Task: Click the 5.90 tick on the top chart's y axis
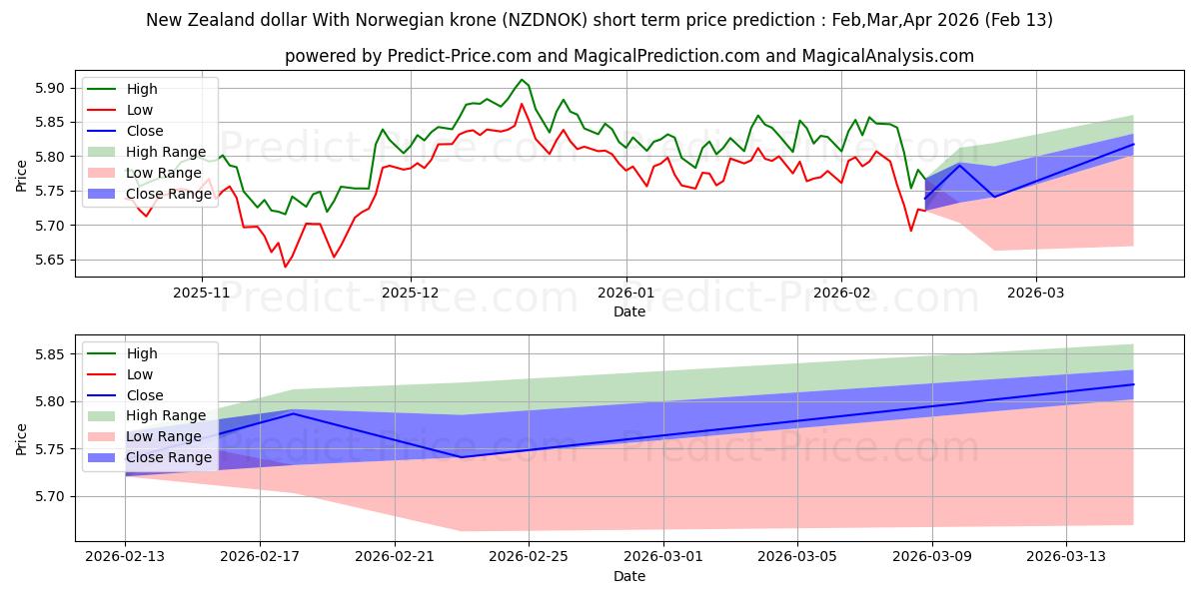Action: [48, 88]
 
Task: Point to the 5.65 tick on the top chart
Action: [48, 260]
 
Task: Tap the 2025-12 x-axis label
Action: [410, 294]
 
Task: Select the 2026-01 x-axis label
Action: [626, 294]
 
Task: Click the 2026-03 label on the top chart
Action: [1035, 294]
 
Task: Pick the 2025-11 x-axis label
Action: [202, 294]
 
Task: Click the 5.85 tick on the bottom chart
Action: [48, 354]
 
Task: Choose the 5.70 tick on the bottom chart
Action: [48, 496]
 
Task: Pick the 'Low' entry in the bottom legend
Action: [140, 374]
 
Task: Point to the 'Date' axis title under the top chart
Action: [628, 311]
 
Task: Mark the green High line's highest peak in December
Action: [522, 80]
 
